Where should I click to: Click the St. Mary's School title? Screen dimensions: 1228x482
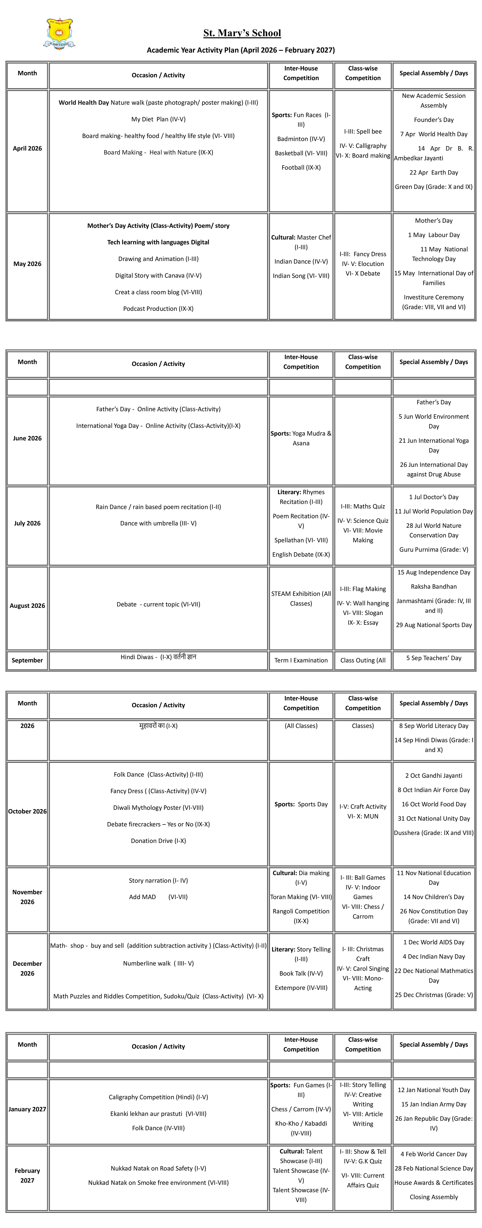[242, 33]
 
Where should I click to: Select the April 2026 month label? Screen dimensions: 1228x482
[27, 148]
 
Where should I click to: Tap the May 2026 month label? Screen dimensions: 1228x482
[27, 264]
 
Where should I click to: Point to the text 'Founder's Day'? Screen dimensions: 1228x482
[433, 120]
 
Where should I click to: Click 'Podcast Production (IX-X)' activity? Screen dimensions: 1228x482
[158, 308]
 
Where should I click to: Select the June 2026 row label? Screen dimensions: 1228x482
[27, 438]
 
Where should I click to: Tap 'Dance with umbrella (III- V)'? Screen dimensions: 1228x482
[158, 523]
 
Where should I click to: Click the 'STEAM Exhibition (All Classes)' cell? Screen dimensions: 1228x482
[301, 598]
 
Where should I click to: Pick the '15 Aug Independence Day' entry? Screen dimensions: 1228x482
[433, 572]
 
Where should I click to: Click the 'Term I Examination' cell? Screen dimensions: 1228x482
[301, 660]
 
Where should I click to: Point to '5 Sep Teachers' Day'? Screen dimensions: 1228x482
[433, 658]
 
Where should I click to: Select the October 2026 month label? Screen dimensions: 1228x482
[27, 811]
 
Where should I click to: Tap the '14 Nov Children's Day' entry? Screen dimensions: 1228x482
[433, 897]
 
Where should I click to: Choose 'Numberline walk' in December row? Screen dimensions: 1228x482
[158, 963]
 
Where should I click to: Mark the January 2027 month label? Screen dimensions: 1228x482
[27, 1109]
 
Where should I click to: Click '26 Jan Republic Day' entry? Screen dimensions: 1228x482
[433, 1123]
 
